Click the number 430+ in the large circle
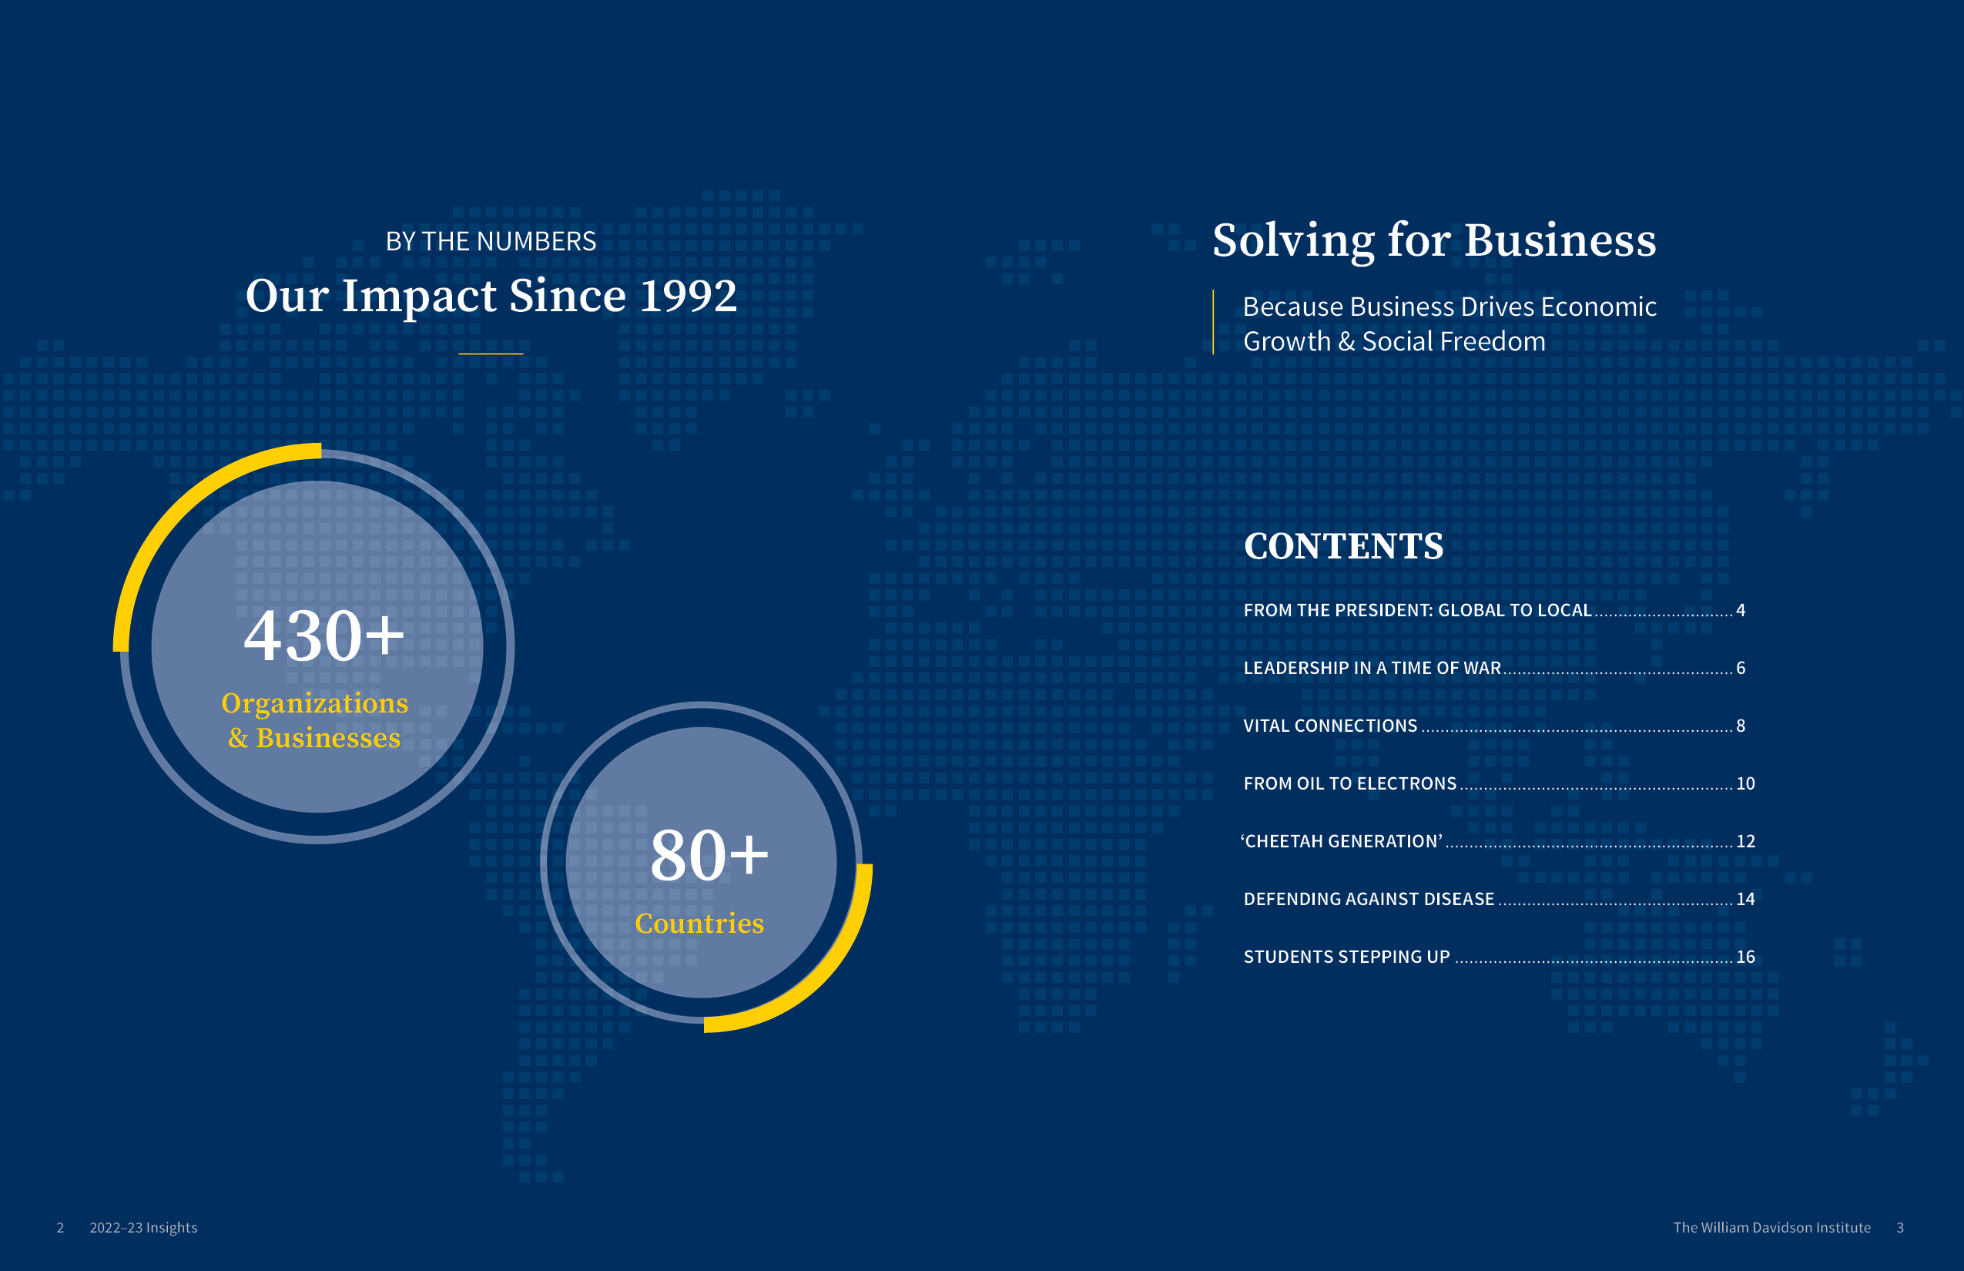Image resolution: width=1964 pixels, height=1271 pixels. pos(323,635)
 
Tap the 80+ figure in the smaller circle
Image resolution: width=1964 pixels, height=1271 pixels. pos(709,856)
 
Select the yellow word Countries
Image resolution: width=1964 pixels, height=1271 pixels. pos(699,923)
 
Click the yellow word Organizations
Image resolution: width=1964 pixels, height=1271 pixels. pos(314,703)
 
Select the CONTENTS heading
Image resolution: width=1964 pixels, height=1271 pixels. pos(1343,546)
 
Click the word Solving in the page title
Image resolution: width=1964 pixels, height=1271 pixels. pos(1293,240)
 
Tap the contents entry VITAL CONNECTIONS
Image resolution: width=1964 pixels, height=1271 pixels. pos(1329,726)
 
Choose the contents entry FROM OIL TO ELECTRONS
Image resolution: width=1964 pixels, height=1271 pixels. pos(1349,783)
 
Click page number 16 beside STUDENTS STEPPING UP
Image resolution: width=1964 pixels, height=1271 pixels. pos(1745,957)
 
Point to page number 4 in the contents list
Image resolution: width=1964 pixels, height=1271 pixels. pos(1741,610)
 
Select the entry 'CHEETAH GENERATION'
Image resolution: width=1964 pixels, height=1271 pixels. pos(1342,841)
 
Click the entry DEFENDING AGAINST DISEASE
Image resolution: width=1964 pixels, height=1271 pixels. pos(1368,899)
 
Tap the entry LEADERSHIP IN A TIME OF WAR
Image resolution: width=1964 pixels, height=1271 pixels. pos(1372,668)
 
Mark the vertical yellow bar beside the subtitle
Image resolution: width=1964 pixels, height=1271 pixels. pos(1213,322)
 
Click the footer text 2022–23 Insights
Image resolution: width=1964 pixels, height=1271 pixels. pos(143,1227)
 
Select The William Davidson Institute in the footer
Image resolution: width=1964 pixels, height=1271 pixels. pos(1771,1227)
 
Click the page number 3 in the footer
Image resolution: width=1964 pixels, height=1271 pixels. pos(1899,1227)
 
